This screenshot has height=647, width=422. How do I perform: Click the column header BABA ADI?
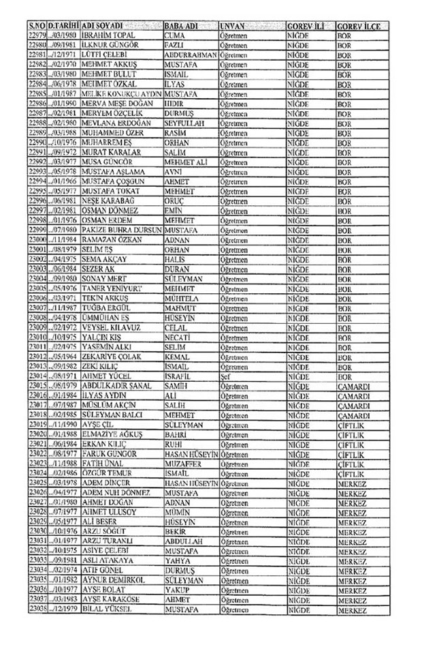coord(181,25)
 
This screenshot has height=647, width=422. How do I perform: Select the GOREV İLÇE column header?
coord(357,25)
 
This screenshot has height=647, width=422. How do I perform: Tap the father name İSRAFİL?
coord(180,375)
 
